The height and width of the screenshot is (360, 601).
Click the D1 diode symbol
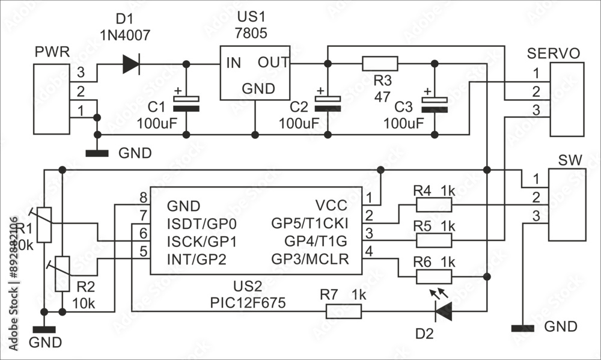click(x=130, y=64)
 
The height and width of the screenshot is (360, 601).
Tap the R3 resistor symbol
click(x=380, y=64)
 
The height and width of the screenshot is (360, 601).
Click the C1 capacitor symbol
click(x=186, y=103)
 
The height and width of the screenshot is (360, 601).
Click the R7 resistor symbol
click(x=344, y=311)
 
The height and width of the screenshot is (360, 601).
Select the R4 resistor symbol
click(x=433, y=206)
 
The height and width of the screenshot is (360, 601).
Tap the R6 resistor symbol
click(x=433, y=276)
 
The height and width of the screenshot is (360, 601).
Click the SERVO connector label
click(x=553, y=53)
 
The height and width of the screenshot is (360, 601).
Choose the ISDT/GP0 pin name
click(x=201, y=224)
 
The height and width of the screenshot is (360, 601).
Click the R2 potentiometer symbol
click(x=63, y=273)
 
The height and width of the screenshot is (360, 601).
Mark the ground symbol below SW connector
click(x=523, y=328)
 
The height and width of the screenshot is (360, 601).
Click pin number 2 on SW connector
click(x=534, y=197)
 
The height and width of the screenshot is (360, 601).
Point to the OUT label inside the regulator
click(x=273, y=63)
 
